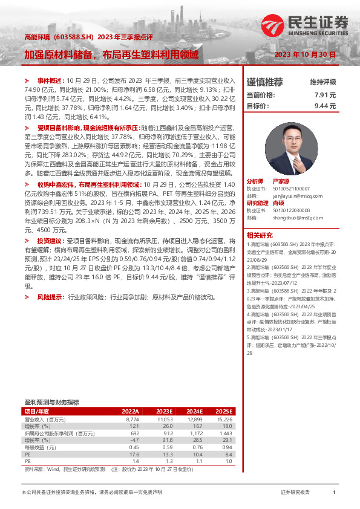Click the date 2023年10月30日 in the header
point(305,54)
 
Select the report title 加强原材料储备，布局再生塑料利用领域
point(111,54)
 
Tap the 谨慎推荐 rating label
point(265,82)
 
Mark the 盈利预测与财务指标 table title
point(51,401)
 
